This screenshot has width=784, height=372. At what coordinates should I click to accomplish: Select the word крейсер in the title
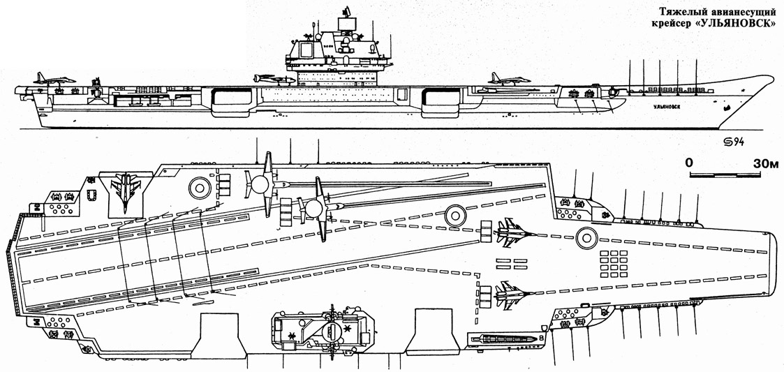[x=665, y=22]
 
